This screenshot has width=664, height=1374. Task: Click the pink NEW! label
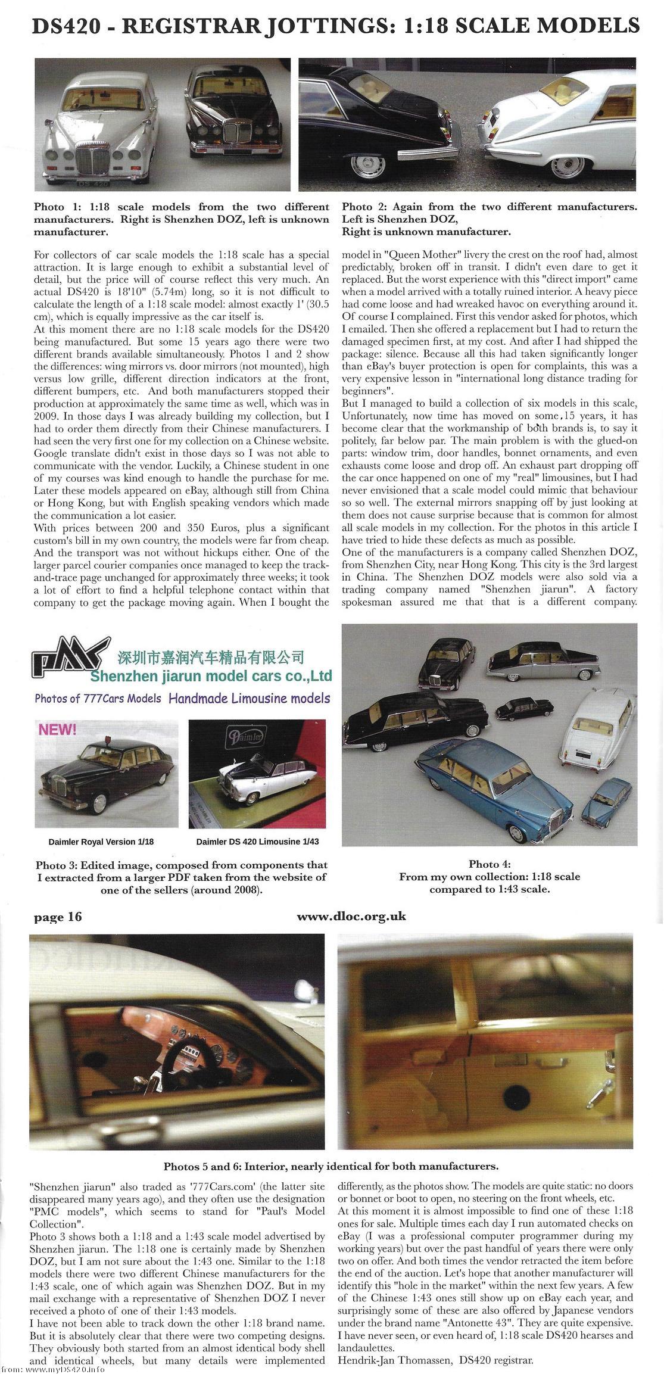click(57, 730)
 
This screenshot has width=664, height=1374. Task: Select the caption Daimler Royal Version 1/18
click(101, 842)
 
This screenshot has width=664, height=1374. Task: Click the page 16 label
click(58, 917)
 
